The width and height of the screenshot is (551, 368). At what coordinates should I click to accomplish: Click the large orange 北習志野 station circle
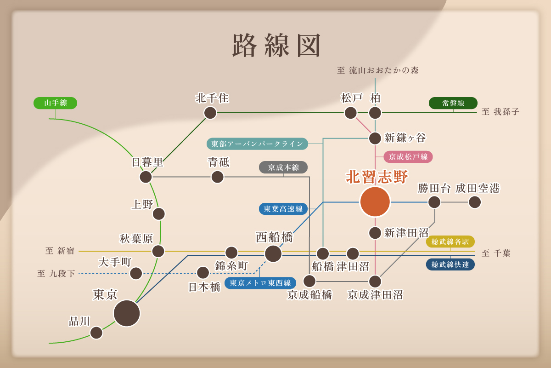pos(375,201)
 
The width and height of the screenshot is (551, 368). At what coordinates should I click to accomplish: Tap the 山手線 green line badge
pos(55,103)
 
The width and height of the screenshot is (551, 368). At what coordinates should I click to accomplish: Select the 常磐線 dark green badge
pos(453,103)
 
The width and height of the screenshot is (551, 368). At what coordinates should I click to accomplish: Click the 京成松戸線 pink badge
pos(408,157)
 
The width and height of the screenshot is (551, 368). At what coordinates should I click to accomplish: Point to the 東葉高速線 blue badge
pos(283,209)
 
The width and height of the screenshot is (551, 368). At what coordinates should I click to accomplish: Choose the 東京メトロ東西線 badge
pos(260,283)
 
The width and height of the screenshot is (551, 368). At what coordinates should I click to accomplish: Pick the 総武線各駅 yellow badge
pos(450,241)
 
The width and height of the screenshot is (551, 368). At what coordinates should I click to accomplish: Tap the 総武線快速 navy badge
pos(450,264)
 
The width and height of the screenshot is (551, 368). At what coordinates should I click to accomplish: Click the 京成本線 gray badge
pos(283,167)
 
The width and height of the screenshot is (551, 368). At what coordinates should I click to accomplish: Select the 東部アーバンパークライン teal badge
pos(257,144)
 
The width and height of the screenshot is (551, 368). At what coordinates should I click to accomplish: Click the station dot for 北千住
pos(210,113)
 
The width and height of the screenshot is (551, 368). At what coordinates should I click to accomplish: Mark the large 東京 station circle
pos(127,313)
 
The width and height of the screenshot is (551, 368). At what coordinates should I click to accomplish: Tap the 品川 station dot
pos(96,333)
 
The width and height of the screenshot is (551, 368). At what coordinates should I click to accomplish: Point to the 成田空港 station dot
pos(475,202)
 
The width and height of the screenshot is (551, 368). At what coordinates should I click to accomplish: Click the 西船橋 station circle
pos(273,253)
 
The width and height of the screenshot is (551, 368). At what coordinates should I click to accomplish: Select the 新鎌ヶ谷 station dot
pos(375,138)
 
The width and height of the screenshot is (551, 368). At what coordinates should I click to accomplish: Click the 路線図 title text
pos(276,46)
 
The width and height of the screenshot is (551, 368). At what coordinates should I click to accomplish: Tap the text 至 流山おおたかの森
pos(378,70)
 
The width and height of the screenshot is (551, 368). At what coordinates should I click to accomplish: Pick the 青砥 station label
pos(219,162)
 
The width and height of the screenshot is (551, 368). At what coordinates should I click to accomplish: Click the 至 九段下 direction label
pos(56,274)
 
